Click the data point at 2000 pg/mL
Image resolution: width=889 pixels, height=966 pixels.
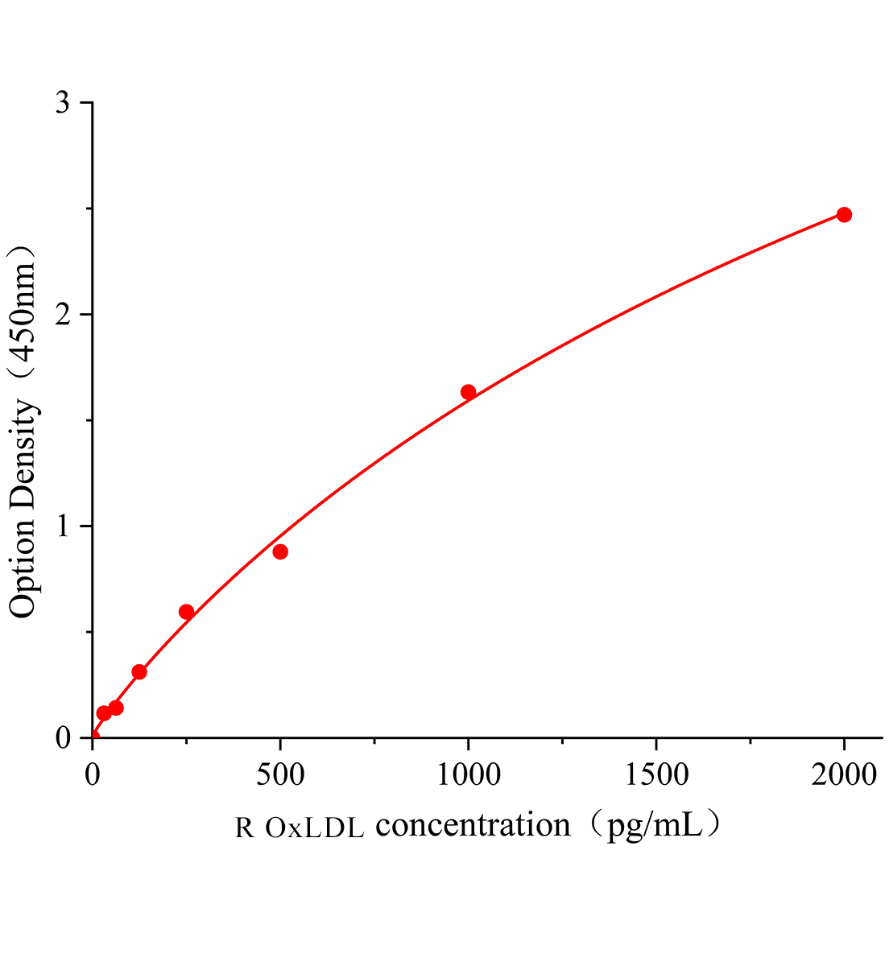click(x=844, y=215)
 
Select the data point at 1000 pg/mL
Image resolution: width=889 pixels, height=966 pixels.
click(x=468, y=392)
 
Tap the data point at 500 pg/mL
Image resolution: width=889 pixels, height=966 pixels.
click(x=280, y=551)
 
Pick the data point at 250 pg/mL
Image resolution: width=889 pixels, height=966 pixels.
click(x=186, y=612)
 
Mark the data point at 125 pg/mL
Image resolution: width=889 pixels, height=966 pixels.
click(x=139, y=671)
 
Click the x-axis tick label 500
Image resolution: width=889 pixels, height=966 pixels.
click(x=280, y=775)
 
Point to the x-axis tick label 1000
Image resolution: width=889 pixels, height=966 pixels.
click(x=468, y=775)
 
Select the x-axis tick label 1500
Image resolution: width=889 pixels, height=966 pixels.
click(x=655, y=775)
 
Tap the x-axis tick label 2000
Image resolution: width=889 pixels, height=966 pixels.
click(x=843, y=775)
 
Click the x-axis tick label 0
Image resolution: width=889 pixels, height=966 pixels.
click(x=93, y=775)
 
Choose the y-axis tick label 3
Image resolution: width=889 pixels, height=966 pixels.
click(x=64, y=103)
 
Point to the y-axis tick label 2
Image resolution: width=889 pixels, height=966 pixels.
click(x=64, y=315)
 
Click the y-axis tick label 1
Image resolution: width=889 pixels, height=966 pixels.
click(x=64, y=526)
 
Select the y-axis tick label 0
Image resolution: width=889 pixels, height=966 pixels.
click(x=64, y=738)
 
